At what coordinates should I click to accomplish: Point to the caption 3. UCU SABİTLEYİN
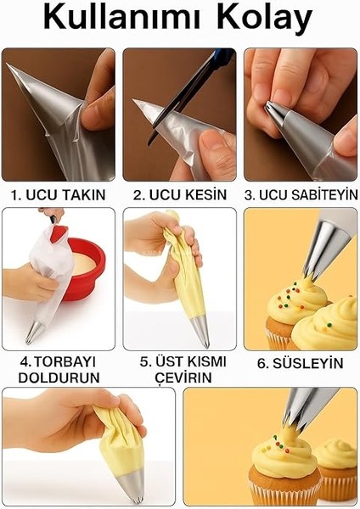point(301,194)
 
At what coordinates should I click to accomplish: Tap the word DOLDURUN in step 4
point(59,377)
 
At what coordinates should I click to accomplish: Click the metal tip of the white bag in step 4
point(32,332)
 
